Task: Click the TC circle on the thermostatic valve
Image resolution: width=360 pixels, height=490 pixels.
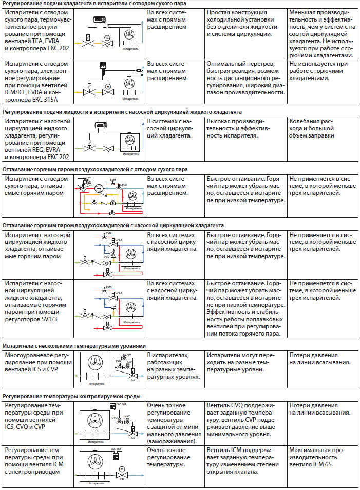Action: click(107, 38)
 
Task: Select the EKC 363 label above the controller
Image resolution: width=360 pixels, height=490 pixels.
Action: click(116, 449)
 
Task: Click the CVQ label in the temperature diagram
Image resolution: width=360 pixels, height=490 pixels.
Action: click(116, 418)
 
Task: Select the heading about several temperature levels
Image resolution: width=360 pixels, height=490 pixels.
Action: click(74, 346)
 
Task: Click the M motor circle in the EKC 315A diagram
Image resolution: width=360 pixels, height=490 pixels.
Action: click(108, 85)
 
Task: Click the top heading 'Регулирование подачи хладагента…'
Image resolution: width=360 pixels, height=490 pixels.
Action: click(95, 3)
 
